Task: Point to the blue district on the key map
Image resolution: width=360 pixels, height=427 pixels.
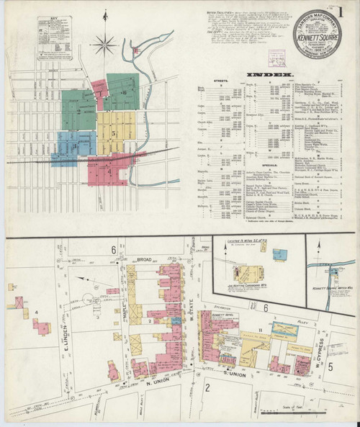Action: tap(72, 143)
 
